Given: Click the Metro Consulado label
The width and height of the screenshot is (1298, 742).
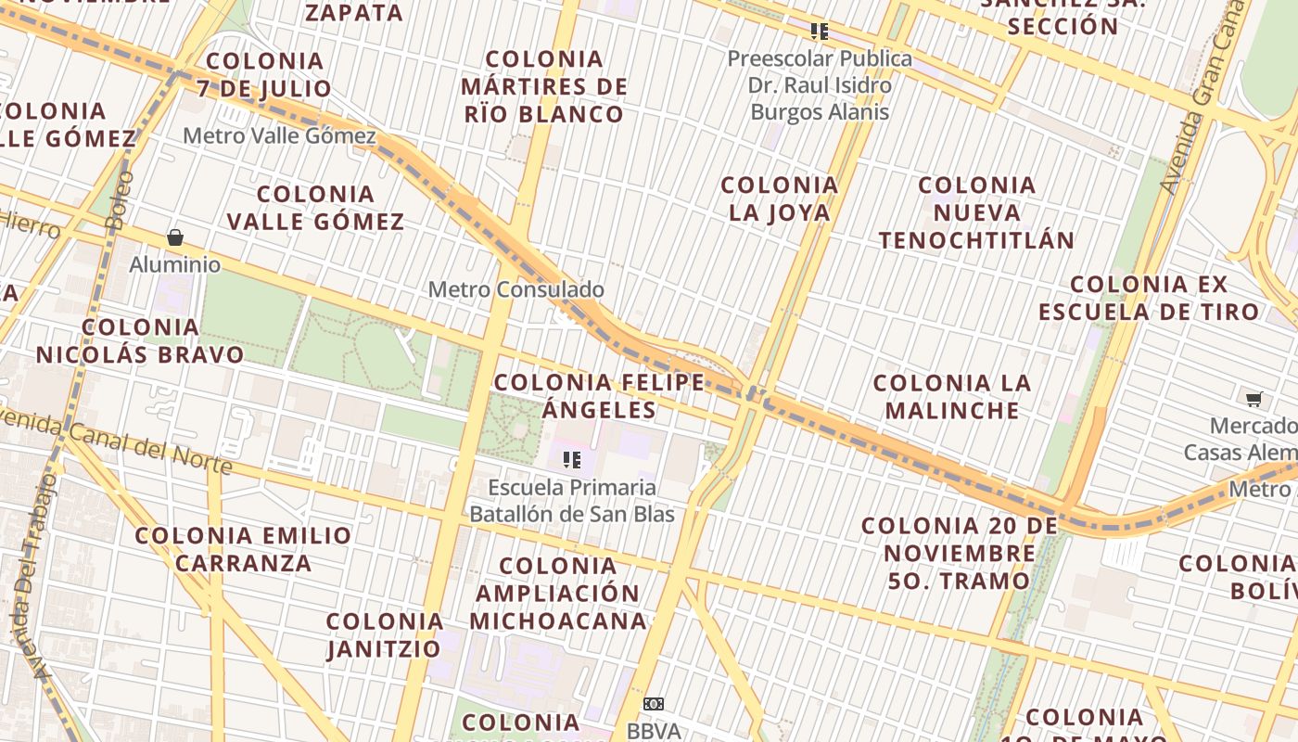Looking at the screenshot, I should [515, 289].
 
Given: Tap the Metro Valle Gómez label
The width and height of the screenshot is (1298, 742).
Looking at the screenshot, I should [279, 136].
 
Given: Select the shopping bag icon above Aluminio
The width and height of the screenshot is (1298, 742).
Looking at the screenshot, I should [175, 238].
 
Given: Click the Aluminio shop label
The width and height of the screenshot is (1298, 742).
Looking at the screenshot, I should [175, 265].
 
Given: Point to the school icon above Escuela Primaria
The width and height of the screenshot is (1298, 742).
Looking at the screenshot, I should [572, 459].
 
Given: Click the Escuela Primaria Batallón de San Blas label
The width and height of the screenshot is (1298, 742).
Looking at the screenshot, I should [572, 501].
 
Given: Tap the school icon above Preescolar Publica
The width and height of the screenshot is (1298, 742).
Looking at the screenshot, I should [819, 32].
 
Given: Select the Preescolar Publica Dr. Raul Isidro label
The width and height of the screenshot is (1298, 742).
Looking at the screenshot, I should [820, 85].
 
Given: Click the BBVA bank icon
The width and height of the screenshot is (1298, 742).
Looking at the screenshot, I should [654, 704].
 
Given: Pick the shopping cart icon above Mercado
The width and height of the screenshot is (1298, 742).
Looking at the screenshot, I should [1253, 400].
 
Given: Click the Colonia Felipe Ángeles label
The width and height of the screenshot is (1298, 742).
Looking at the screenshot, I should [599, 396].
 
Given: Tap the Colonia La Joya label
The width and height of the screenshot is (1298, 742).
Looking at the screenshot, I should [779, 198].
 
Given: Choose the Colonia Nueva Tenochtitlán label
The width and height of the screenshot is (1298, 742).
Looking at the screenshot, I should [976, 212].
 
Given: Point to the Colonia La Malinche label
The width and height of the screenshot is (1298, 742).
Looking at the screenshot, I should [951, 396].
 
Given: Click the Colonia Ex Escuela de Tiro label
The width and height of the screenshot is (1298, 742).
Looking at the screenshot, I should [1149, 298].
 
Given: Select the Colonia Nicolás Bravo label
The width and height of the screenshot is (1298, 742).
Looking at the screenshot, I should [140, 340].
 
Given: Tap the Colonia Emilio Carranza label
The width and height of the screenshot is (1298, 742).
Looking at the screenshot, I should [243, 549].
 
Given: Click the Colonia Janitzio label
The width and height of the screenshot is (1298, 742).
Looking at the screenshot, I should [384, 634].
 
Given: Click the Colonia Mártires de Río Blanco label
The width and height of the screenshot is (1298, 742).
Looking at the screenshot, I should [544, 86].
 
